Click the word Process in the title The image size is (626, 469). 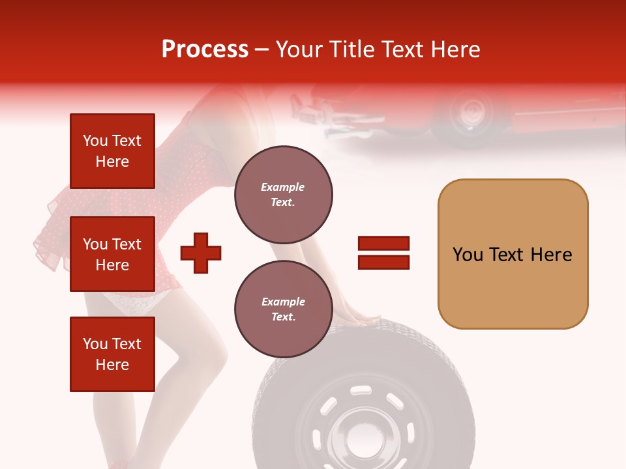(x=205, y=50)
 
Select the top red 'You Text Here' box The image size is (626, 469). (x=112, y=151)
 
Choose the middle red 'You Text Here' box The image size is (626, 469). (x=112, y=254)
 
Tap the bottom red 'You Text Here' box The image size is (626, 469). (x=112, y=354)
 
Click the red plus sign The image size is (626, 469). (x=201, y=252)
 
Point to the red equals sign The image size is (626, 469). (x=383, y=253)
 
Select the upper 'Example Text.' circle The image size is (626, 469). (x=283, y=195)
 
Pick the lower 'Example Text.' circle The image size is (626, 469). (x=283, y=309)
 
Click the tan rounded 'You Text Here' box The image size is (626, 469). (x=513, y=254)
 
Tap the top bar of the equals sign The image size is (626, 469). (x=383, y=244)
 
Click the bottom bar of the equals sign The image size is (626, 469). (x=383, y=262)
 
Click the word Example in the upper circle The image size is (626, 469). (x=283, y=187)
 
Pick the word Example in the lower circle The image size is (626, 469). (x=283, y=302)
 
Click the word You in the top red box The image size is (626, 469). (x=95, y=141)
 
